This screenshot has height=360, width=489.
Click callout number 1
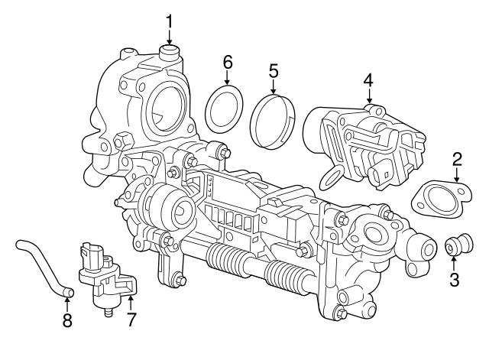click(170, 21)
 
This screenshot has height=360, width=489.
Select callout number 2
click(457, 159)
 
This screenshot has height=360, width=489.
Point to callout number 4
click(368, 79)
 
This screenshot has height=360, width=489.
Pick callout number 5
click(274, 71)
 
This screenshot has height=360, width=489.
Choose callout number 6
click(227, 61)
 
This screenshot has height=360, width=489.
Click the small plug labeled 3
click(457, 246)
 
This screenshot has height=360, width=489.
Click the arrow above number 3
click(454, 263)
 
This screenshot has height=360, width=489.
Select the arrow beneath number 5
click(274, 87)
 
